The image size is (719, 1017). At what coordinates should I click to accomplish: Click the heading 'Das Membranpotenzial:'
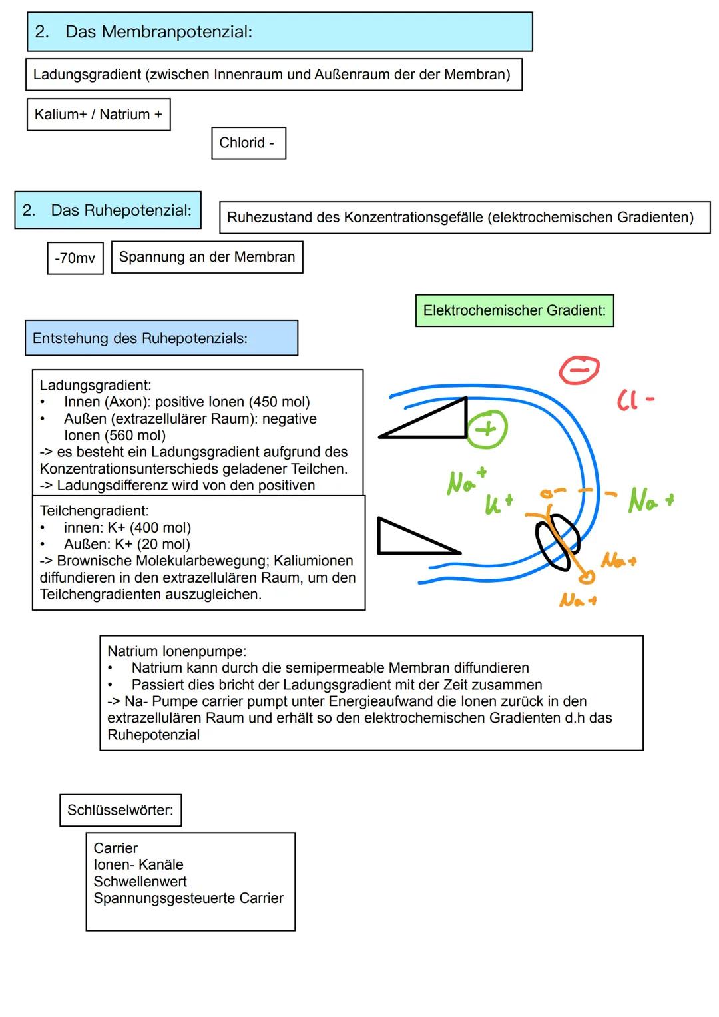click(158, 32)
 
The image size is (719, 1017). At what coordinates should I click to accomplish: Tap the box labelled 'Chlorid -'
click(248, 143)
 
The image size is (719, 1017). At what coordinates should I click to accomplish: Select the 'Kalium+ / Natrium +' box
click(99, 115)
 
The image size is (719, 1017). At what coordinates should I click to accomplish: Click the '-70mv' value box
click(75, 258)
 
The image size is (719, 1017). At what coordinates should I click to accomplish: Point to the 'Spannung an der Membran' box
click(207, 257)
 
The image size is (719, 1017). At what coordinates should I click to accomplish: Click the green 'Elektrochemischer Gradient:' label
click(514, 311)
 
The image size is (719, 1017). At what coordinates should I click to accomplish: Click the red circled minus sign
click(579, 368)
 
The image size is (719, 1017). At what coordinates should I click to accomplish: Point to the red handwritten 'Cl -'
click(634, 400)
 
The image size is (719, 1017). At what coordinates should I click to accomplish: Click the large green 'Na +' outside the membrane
click(650, 500)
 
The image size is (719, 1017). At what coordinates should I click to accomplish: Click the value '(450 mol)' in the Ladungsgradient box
click(279, 402)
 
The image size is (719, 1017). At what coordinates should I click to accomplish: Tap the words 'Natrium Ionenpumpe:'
click(176, 651)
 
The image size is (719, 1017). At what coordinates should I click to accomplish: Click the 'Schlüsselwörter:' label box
click(120, 811)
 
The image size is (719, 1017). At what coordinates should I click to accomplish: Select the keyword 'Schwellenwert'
click(140, 882)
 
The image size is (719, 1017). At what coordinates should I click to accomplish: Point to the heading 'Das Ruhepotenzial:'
click(120, 211)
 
